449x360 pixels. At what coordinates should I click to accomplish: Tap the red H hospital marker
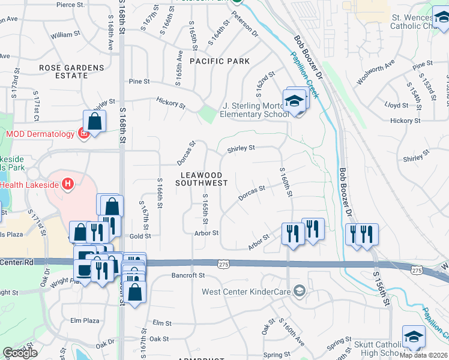tap(68, 184)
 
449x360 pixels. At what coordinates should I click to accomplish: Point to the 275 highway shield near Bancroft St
tap(223, 263)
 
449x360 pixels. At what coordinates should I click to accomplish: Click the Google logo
tap(20, 353)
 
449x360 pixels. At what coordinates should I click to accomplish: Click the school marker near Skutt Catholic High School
tap(414, 337)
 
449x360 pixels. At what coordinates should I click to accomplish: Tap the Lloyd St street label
tap(396, 105)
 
